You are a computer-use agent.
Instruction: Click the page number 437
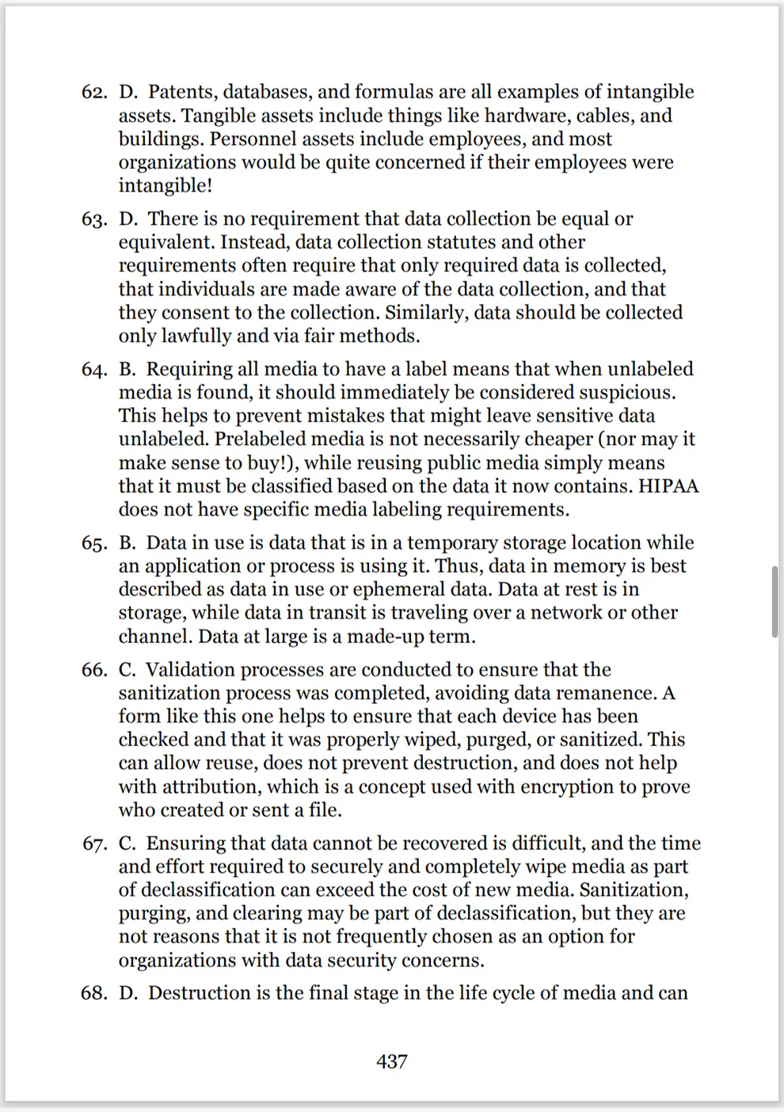click(x=392, y=1061)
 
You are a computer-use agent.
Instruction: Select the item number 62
click(x=94, y=92)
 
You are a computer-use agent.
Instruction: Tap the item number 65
click(x=94, y=543)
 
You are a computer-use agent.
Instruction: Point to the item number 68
click(x=94, y=993)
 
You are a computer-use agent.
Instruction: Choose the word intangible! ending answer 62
click(x=166, y=185)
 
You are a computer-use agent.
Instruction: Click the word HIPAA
click(x=669, y=486)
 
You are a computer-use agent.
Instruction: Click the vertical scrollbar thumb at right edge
click(x=774, y=601)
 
